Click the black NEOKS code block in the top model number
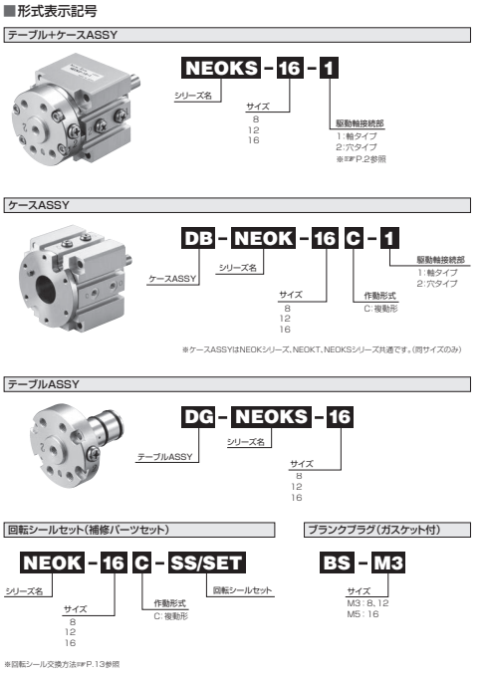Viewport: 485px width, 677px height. coord(221,68)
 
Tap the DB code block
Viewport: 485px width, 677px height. coord(198,238)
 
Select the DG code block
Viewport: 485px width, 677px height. coord(198,416)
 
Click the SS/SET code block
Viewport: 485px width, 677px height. coord(206,563)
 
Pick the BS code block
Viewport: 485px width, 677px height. coord(337,563)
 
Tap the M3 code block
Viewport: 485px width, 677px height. coord(387,563)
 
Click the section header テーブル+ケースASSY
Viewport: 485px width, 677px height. coord(63,35)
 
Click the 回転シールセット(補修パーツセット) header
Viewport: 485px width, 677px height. coord(88,530)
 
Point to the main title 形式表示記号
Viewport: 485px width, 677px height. coord(57,11)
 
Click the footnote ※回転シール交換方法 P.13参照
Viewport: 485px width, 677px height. coord(62,664)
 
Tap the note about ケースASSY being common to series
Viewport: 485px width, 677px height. coord(323,349)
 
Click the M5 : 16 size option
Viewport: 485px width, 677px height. coord(363,614)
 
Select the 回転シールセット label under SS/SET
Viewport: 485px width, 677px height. coord(242,590)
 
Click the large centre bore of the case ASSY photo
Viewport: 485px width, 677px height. coord(46,290)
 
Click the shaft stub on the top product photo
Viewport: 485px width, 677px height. coord(134,82)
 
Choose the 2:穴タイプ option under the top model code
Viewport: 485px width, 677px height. coord(357,147)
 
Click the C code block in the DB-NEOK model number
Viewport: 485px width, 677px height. coord(354,238)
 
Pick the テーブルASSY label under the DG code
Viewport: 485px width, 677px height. coord(165,457)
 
